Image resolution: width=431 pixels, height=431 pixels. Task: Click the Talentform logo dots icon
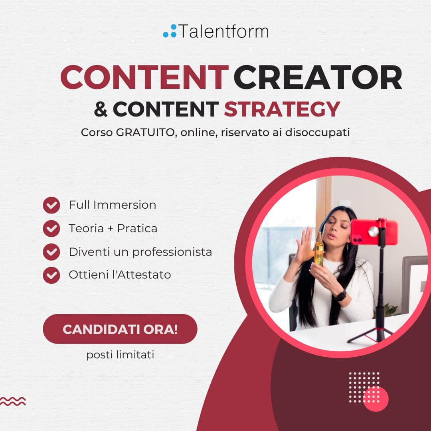(x=170, y=31)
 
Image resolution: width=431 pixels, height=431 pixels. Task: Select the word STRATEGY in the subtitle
(x=282, y=109)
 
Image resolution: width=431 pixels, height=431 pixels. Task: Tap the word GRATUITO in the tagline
(x=146, y=132)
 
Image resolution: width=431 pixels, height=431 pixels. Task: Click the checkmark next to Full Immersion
(x=51, y=205)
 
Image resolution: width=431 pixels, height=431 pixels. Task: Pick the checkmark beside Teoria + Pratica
(x=51, y=228)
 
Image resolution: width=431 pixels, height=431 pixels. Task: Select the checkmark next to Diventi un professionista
(x=51, y=252)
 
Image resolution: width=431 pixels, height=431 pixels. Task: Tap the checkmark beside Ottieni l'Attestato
(x=51, y=275)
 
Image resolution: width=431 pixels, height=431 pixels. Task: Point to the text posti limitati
(x=120, y=355)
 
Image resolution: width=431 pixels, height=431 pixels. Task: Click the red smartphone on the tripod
(x=374, y=232)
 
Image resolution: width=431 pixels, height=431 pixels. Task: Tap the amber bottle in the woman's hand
(x=319, y=249)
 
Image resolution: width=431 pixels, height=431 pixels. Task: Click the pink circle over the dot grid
(x=376, y=398)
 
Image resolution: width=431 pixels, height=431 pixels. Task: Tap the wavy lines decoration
(x=13, y=401)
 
